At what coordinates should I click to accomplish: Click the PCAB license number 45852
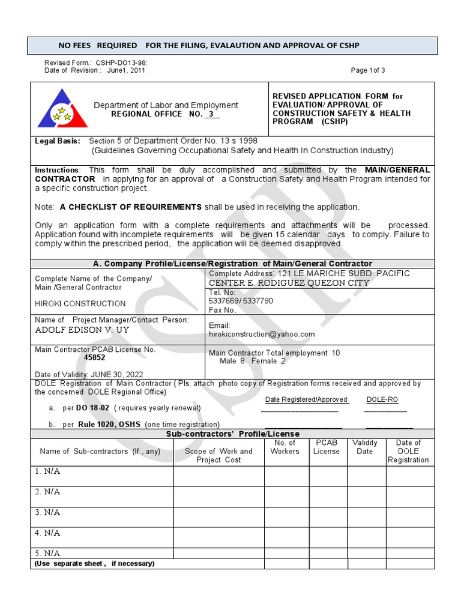click(95, 358)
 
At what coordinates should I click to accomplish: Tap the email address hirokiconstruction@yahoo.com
click(262, 335)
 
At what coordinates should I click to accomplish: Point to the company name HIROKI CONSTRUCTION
click(80, 304)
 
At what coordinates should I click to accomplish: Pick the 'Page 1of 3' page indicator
click(368, 70)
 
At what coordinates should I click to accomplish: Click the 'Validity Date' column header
click(365, 447)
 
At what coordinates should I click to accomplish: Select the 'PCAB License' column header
click(327, 447)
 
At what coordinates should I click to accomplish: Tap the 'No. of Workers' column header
click(285, 447)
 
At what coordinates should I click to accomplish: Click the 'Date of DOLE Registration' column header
click(408, 451)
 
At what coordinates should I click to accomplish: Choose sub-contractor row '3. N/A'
click(48, 512)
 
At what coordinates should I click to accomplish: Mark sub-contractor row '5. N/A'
click(48, 553)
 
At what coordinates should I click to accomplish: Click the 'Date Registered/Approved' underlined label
click(306, 399)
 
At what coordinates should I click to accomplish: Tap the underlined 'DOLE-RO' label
click(382, 399)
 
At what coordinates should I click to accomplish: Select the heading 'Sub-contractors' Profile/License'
click(232, 434)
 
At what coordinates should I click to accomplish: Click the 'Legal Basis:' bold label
click(57, 141)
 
